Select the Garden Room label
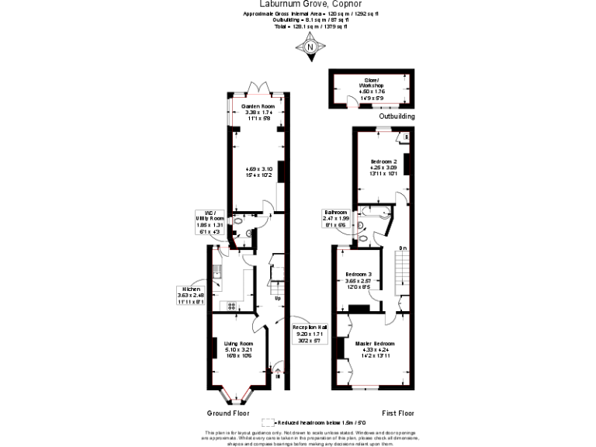click(258, 112)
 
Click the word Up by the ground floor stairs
click(277, 298)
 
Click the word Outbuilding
click(397, 116)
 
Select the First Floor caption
click(397, 413)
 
